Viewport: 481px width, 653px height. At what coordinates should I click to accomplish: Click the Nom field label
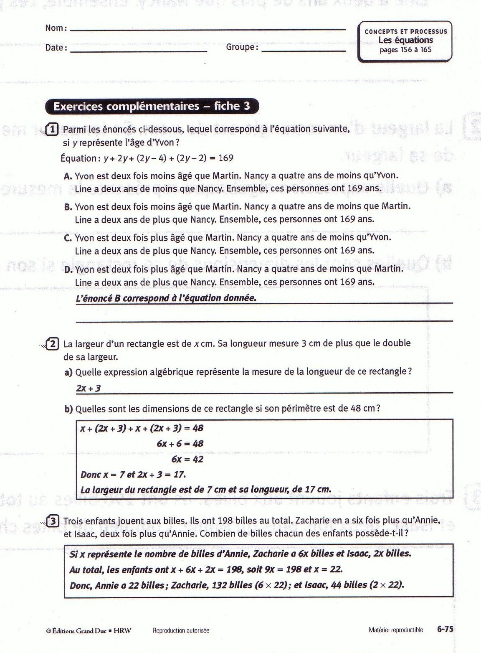[55, 28]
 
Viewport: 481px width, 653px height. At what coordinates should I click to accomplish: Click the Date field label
[56, 48]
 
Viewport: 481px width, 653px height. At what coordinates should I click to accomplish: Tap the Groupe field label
[242, 47]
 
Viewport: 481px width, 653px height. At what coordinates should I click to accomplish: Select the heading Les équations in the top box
[405, 40]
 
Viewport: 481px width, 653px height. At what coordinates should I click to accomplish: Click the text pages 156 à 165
[405, 50]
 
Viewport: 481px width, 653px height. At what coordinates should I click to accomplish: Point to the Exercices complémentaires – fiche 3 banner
[152, 106]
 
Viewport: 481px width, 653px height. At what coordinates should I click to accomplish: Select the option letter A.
[68, 176]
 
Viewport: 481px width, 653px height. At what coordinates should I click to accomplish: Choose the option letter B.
[68, 207]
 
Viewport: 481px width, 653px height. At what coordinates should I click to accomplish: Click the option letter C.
[68, 238]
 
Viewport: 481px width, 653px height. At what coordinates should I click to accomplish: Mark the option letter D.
[68, 269]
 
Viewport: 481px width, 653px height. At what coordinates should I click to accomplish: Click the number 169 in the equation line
[225, 158]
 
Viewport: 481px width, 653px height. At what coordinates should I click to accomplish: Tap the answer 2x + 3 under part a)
[89, 388]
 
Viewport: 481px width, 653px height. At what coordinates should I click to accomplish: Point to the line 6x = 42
[187, 459]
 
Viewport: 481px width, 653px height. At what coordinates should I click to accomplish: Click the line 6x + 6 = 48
[180, 444]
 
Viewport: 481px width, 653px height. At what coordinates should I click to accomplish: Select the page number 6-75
[445, 629]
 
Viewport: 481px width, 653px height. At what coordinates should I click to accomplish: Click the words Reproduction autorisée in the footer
[181, 630]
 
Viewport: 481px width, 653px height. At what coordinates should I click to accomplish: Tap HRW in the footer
[122, 630]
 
